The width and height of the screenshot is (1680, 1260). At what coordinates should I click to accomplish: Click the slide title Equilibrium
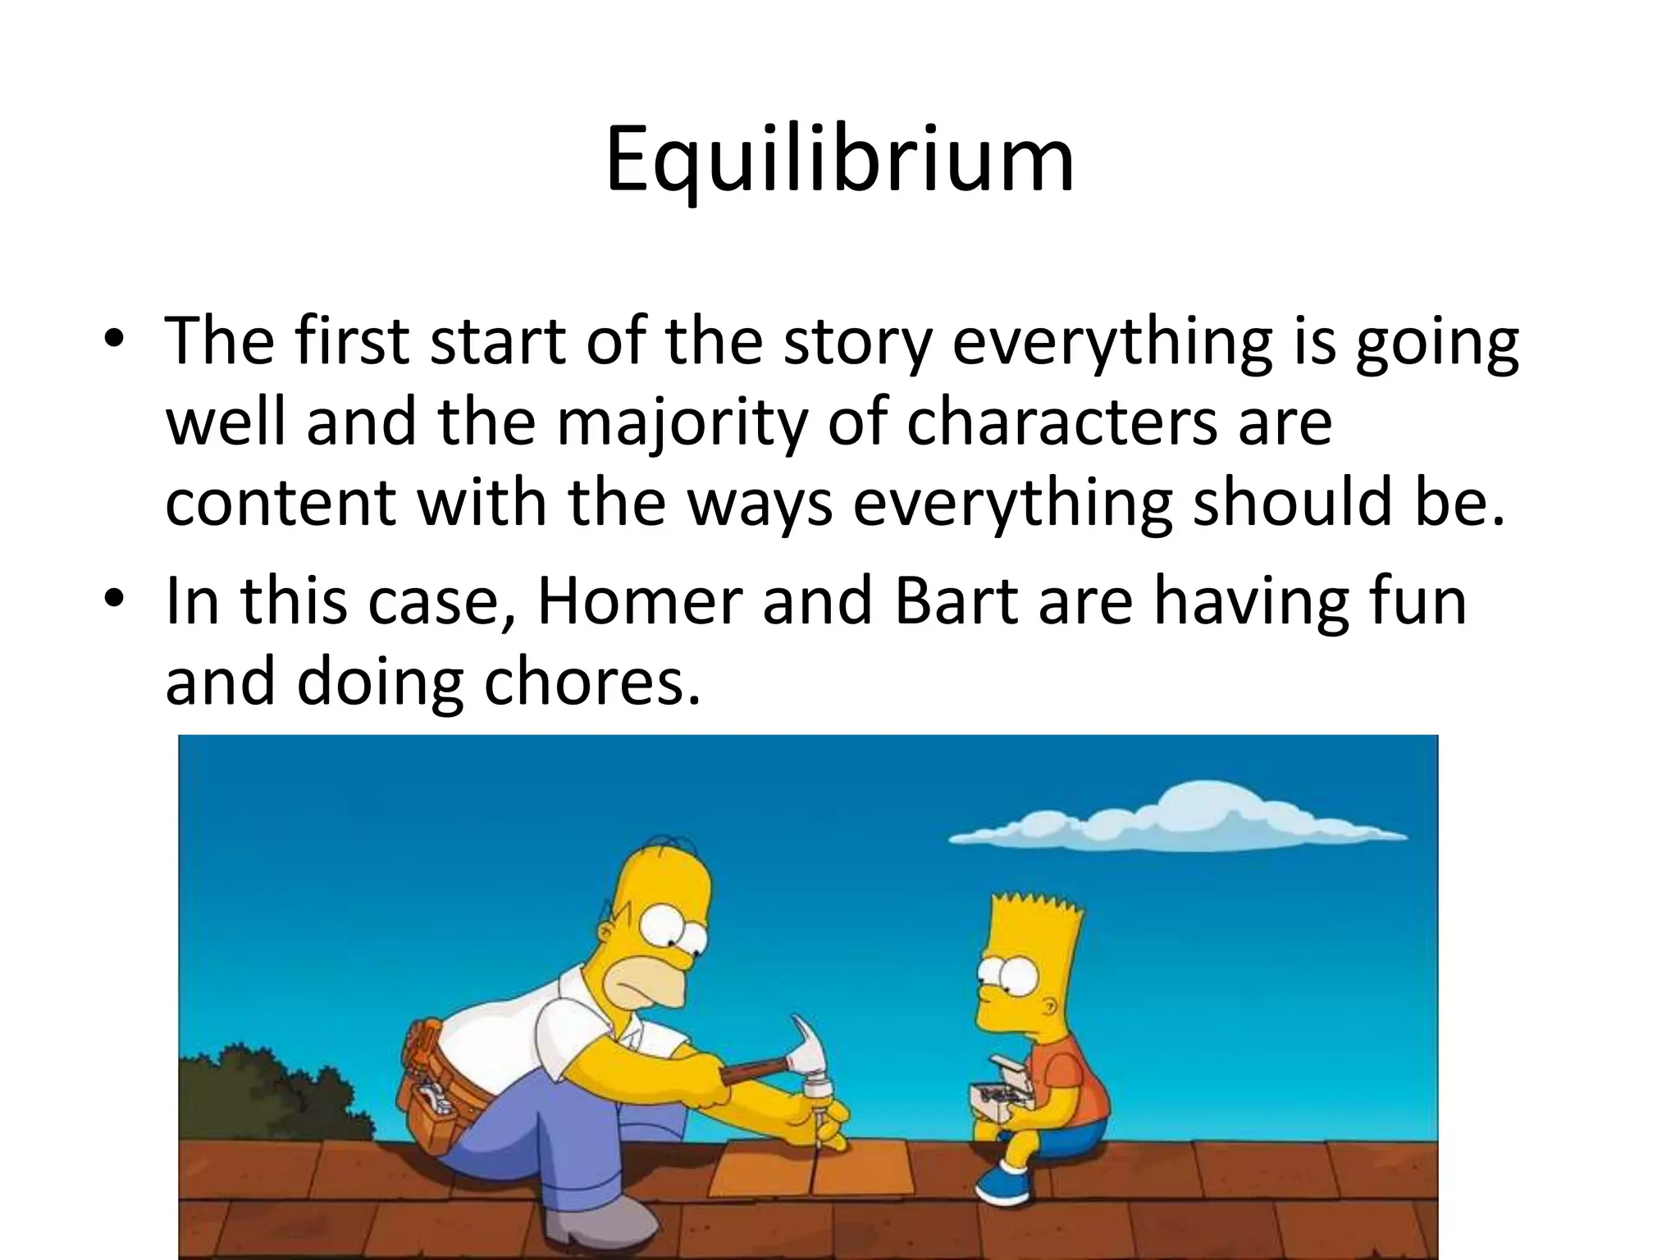click(839, 160)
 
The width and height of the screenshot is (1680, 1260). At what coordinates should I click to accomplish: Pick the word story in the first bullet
click(857, 342)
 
